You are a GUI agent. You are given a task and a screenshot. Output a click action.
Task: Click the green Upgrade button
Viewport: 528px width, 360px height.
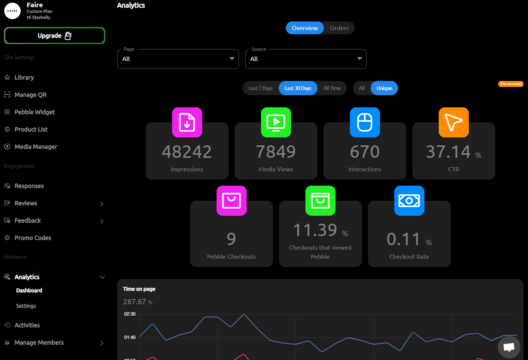54,36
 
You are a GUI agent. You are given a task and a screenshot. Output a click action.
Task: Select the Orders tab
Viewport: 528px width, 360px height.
339,28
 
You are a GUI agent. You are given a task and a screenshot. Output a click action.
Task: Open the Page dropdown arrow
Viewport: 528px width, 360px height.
232,59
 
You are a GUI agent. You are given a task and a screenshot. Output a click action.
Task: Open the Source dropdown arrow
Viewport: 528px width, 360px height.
360,59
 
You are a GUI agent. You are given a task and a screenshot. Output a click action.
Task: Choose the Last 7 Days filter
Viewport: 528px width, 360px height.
260,88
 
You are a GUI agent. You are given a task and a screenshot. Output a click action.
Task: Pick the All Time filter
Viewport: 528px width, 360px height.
332,88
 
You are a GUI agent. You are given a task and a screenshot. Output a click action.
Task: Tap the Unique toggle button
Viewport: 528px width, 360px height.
384,88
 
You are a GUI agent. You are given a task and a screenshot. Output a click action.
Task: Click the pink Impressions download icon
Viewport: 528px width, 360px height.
187,122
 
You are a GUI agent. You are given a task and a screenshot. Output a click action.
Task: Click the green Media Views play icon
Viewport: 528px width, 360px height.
276,122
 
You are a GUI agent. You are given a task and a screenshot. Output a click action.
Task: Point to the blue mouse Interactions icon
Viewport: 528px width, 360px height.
365,122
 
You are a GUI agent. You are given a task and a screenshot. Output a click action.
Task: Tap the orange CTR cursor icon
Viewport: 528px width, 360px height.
454,122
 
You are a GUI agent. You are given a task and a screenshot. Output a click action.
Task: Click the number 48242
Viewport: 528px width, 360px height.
187,152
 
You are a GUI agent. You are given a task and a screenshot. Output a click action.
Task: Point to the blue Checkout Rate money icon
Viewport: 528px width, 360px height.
409,201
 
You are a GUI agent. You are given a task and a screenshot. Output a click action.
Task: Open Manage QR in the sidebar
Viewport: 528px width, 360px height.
31,95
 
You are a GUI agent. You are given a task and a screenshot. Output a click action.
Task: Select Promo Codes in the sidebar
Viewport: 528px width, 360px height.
33,238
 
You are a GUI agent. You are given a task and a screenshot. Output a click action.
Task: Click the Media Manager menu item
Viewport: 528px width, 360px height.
36,147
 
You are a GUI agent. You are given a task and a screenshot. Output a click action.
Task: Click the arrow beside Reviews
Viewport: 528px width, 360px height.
102,204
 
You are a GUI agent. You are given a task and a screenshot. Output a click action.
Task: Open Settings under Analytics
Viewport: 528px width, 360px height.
26,306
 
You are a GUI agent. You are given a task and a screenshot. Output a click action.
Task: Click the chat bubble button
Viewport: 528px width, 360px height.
509,347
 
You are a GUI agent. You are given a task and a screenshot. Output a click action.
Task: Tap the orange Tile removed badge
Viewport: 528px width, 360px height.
511,84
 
